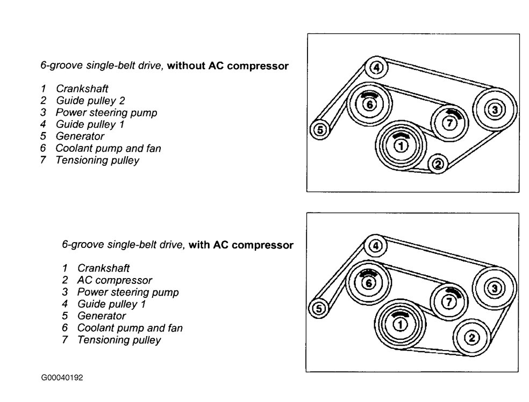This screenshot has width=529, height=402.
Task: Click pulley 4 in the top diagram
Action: tap(377, 68)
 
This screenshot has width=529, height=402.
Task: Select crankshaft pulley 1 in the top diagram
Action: tap(400, 145)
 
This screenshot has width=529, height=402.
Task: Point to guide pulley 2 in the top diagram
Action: tap(438, 164)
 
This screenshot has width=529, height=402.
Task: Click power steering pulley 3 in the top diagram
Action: tap(495, 110)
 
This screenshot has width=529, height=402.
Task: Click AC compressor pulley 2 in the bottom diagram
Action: tap(471, 337)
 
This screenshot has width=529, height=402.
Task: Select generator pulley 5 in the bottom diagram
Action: tap(318, 309)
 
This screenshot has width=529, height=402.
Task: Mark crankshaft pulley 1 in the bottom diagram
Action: tap(399, 324)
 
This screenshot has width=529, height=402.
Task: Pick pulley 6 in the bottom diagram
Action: tap(368, 283)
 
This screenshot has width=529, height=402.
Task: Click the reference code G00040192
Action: tap(62, 377)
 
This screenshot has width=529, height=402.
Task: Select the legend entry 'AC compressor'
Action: tap(114, 280)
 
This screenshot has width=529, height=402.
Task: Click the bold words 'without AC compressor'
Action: tap(227, 66)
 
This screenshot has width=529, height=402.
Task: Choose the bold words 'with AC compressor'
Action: tap(241, 245)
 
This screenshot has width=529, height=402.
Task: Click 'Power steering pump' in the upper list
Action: tap(106, 113)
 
